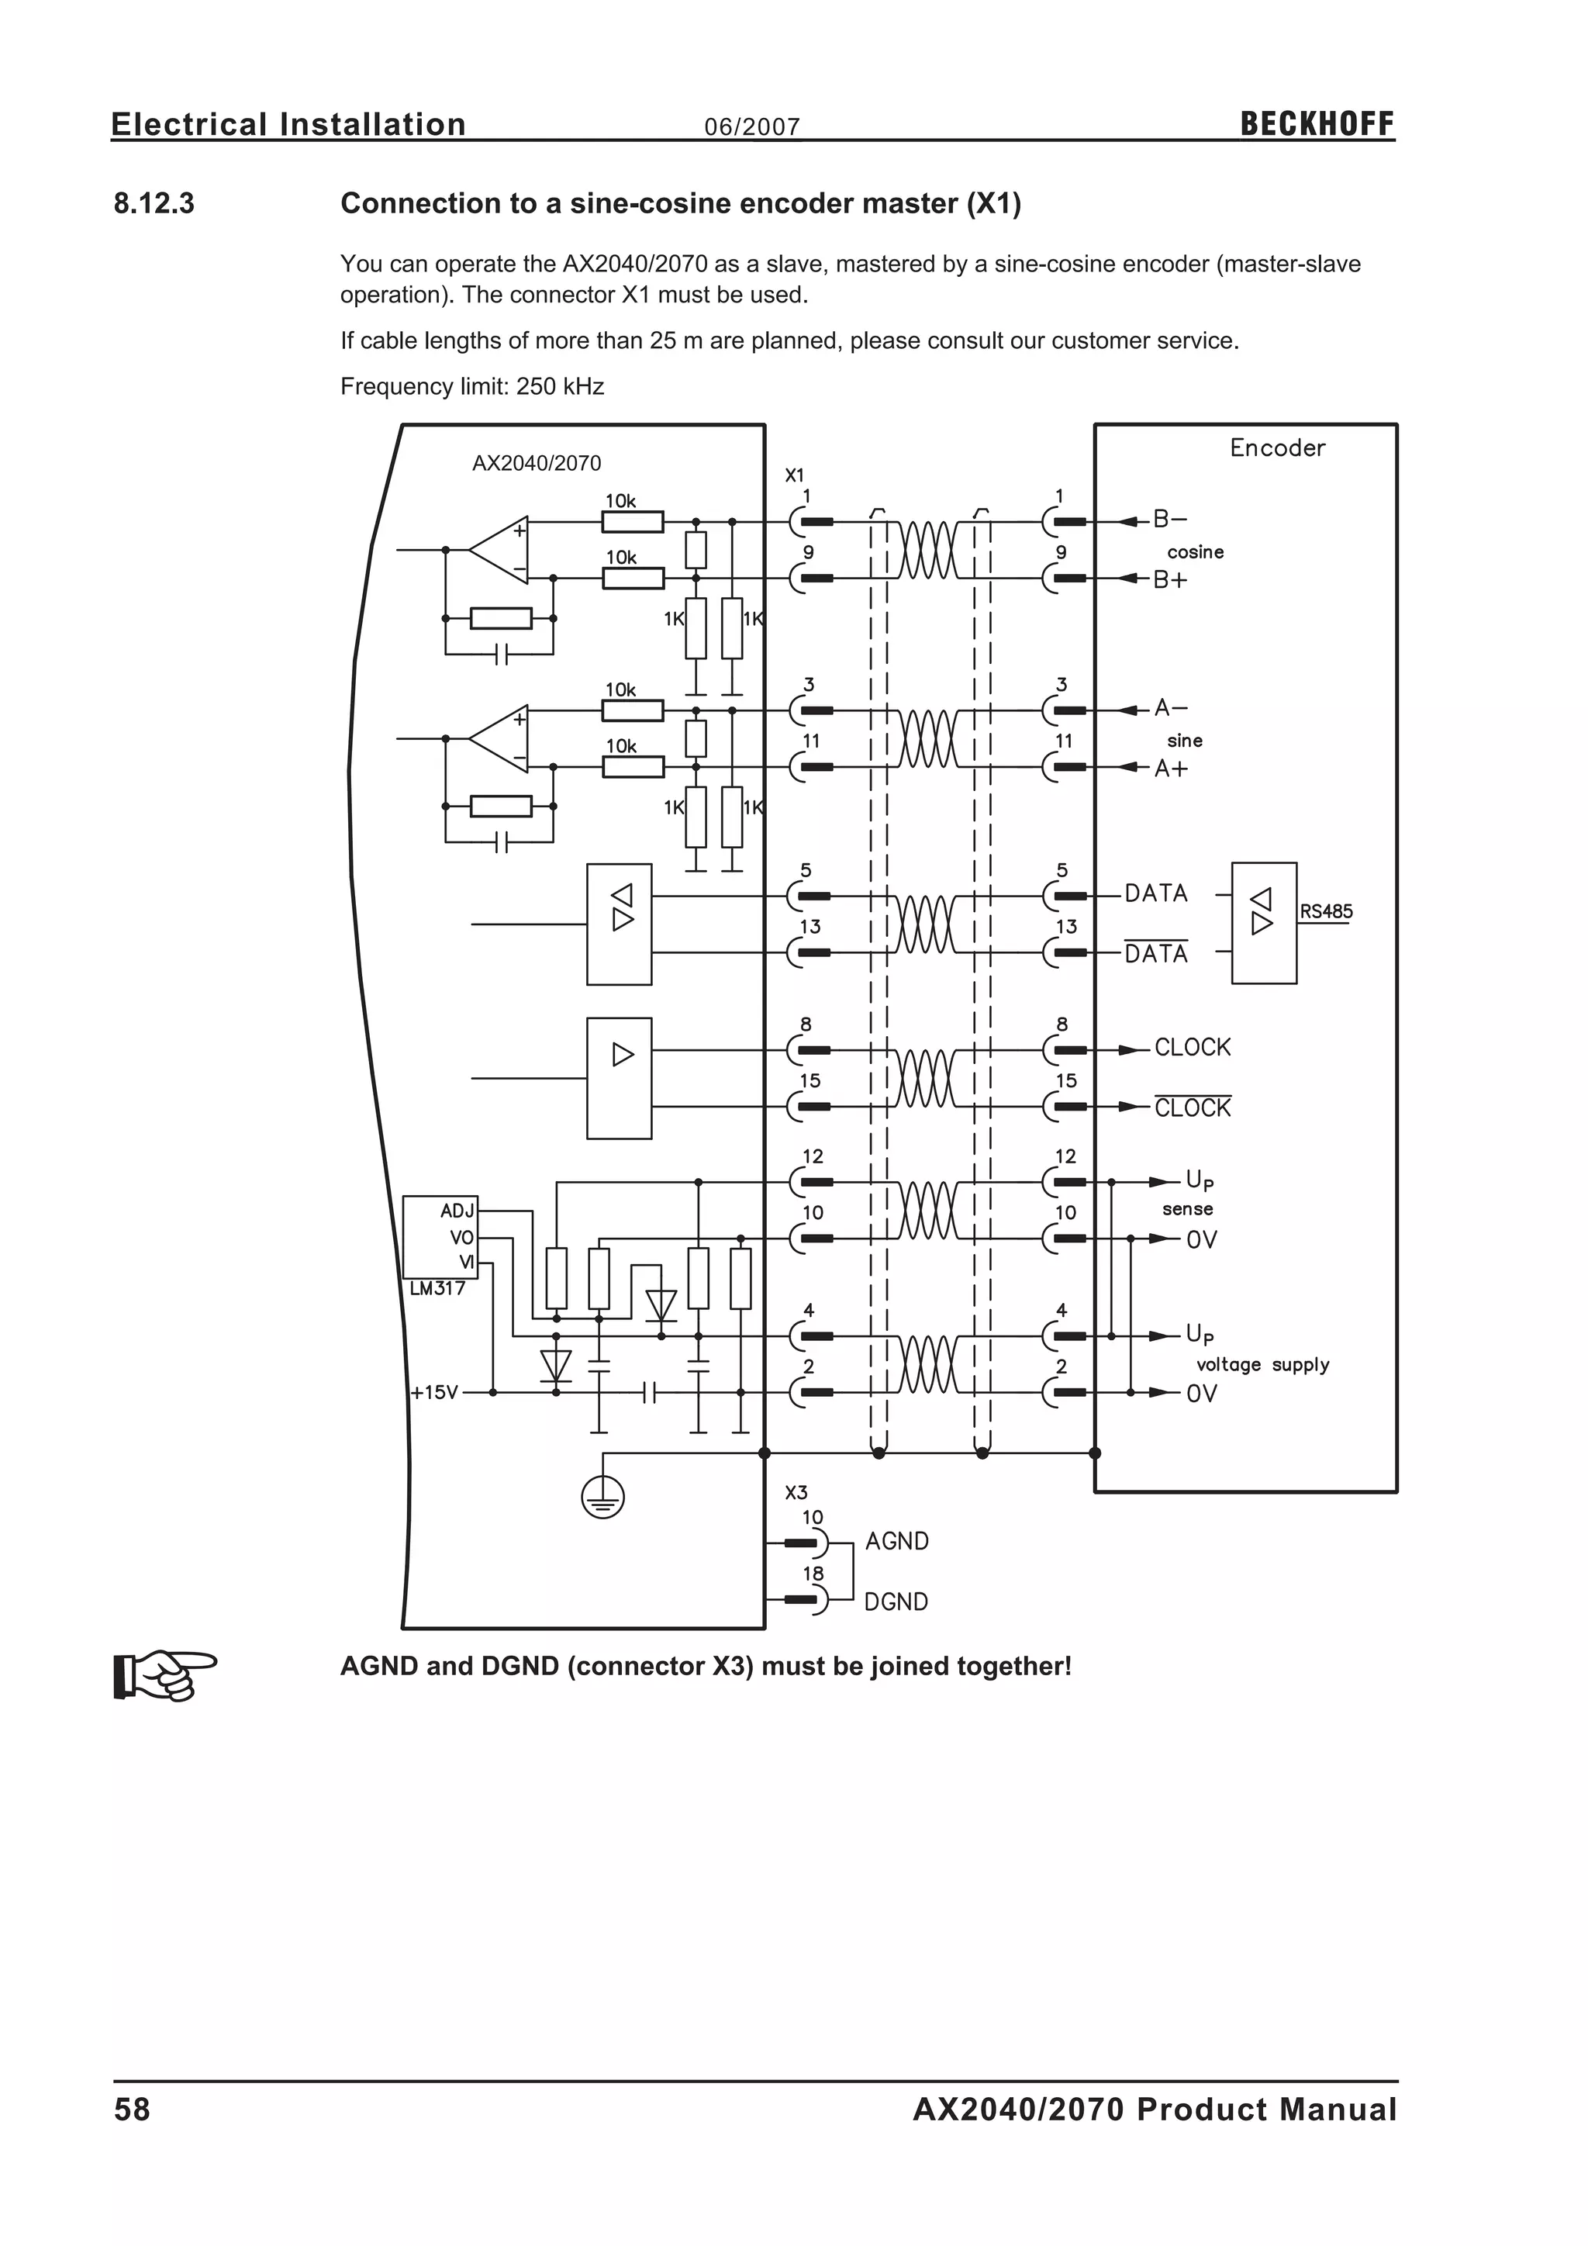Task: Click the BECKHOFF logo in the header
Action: [x=1316, y=124]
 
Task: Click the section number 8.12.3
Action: [x=154, y=203]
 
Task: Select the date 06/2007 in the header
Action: [x=752, y=127]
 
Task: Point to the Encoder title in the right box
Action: [x=1277, y=448]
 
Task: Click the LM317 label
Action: [x=437, y=1288]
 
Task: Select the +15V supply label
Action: [x=434, y=1392]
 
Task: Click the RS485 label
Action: [x=1326, y=912]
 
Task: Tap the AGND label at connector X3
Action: [x=896, y=1542]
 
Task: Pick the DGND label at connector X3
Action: [x=896, y=1602]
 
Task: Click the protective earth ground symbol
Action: [x=602, y=1498]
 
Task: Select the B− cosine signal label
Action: [x=1169, y=520]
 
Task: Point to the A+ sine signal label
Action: [x=1171, y=769]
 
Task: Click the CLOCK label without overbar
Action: [x=1192, y=1048]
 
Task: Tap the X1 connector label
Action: [x=794, y=475]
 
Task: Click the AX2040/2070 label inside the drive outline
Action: [x=536, y=464]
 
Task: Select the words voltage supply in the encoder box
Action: [x=1262, y=1365]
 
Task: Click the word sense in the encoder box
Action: [x=1187, y=1210]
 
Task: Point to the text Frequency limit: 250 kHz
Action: [x=471, y=386]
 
